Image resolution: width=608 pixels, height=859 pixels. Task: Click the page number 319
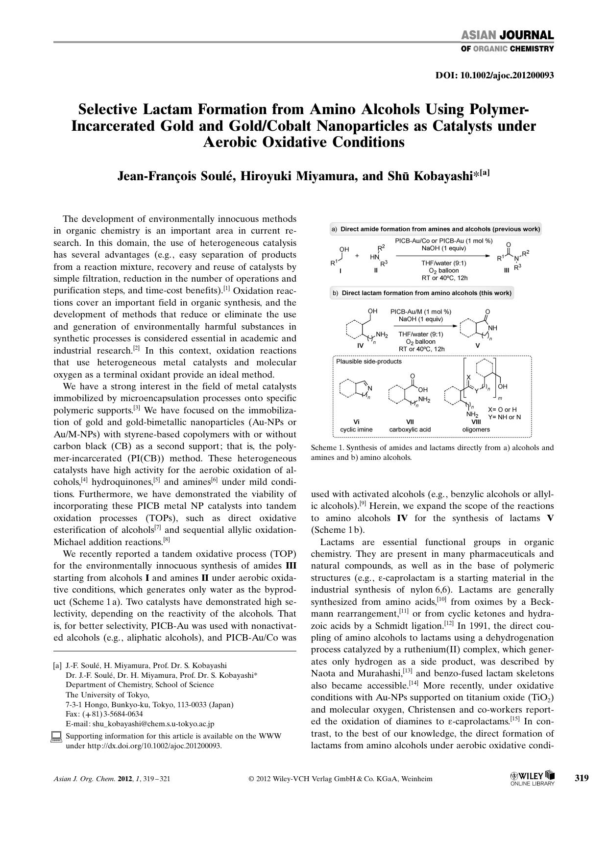[582, 778]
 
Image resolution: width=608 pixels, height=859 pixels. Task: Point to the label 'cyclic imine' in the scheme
[356, 429]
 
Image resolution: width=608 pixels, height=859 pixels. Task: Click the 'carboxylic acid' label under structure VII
[410, 429]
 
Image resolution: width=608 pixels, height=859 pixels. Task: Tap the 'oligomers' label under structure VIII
[476, 429]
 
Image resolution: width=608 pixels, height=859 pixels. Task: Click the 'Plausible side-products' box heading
[368, 361]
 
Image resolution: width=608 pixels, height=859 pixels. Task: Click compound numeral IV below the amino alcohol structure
[361, 345]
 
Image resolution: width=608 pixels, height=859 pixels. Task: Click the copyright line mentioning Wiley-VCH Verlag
[340, 779]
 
